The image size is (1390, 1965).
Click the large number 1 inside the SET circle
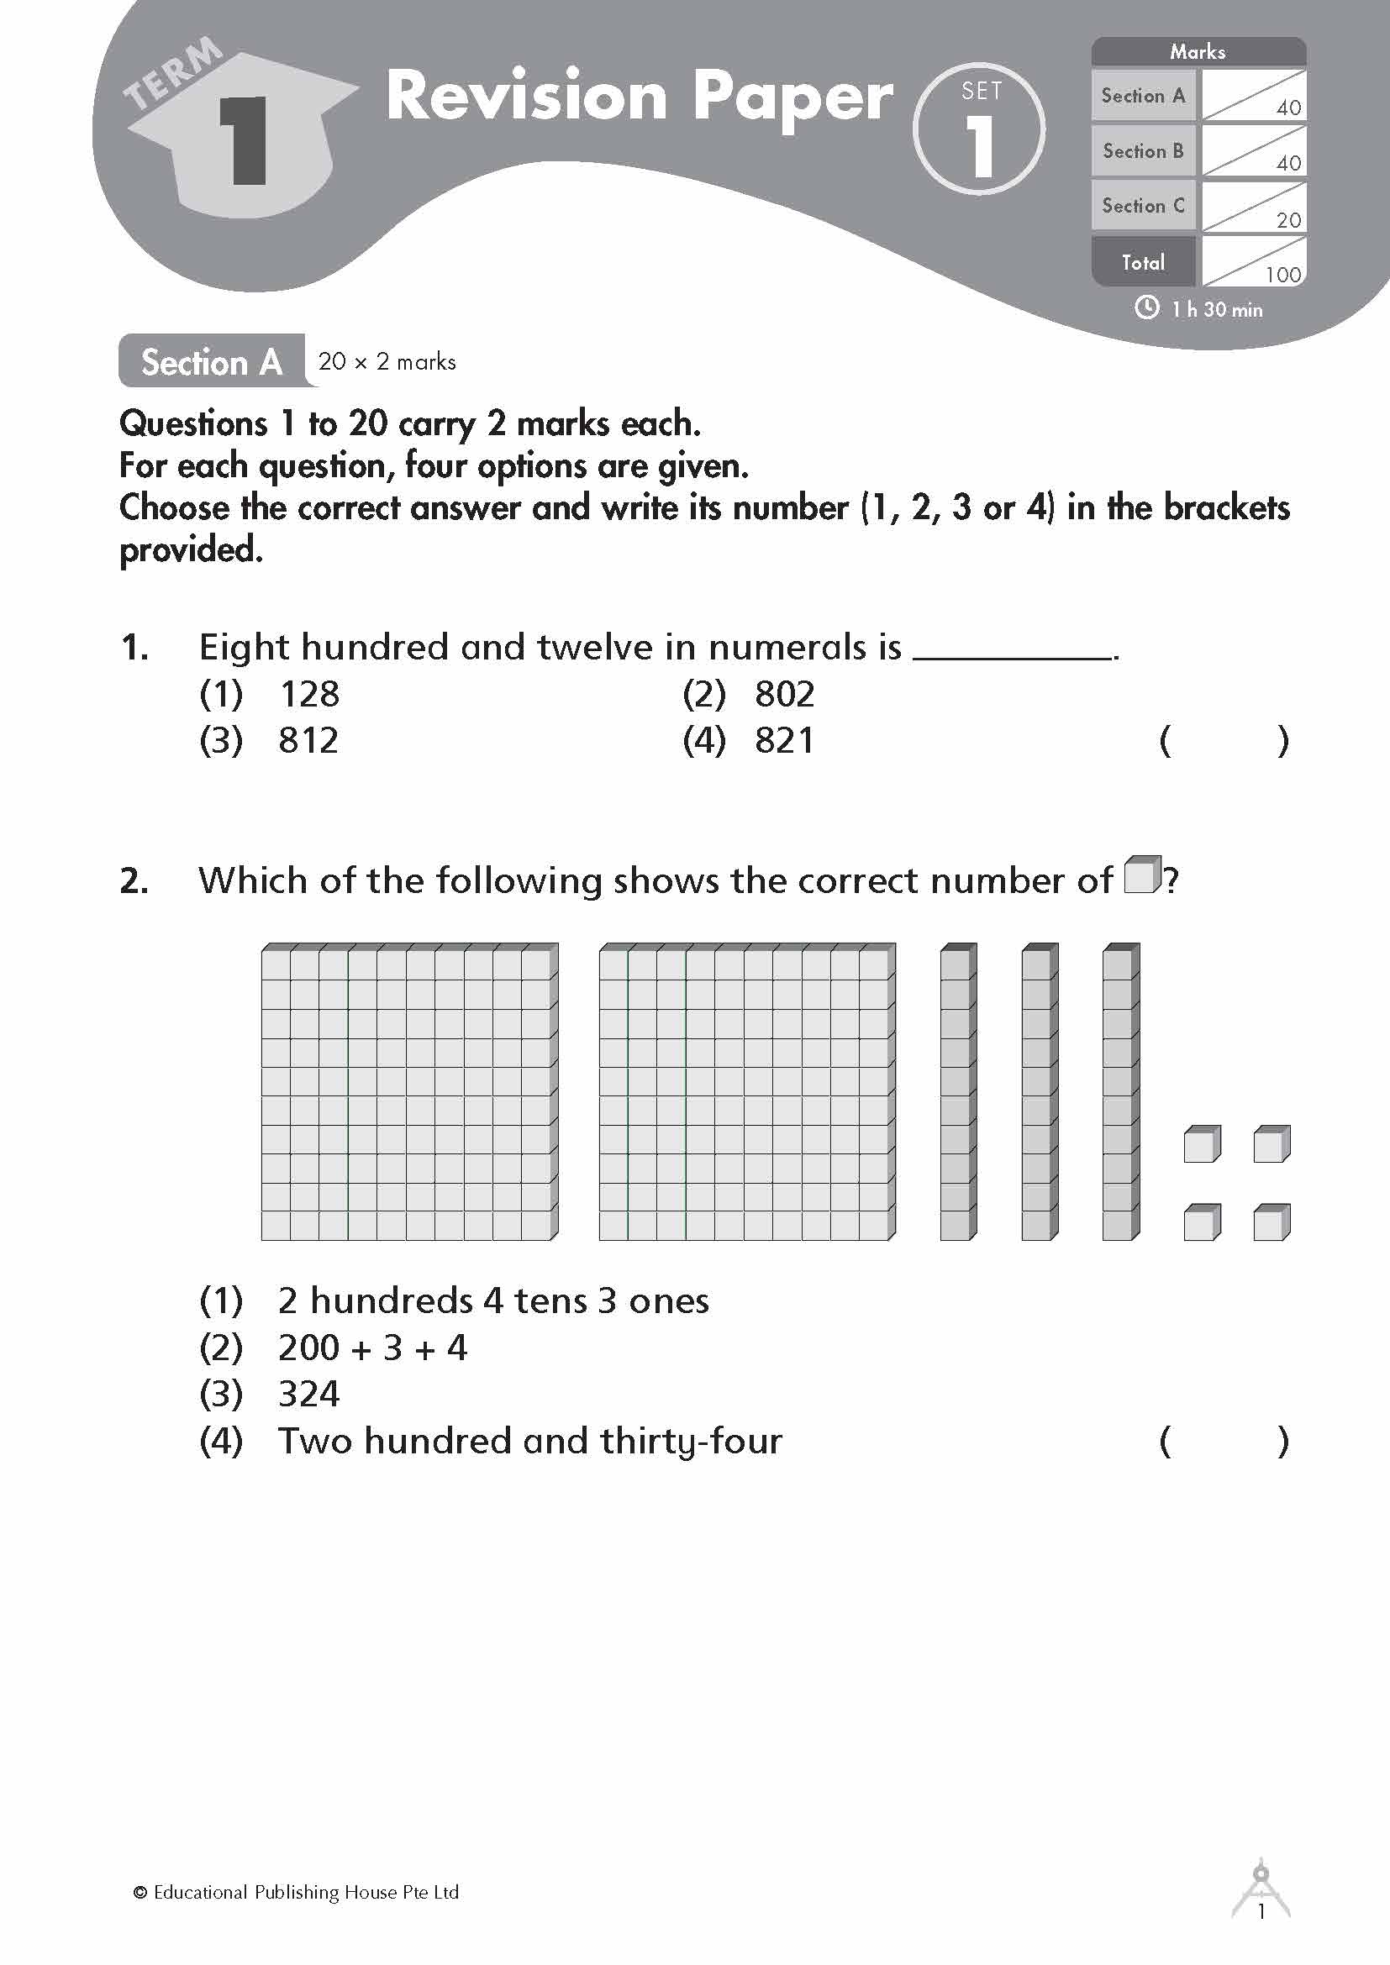click(980, 146)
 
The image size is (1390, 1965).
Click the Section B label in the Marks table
click(1143, 151)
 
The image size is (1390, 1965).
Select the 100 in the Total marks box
click(1282, 275)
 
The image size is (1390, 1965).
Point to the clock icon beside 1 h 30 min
click(1146, 308)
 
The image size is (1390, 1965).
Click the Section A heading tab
click(212, 362)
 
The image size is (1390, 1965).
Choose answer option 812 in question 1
click(308, 740)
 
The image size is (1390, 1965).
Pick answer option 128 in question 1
click(309, 694)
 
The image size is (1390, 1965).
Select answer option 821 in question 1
click(784, 740)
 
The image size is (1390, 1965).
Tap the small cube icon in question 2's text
click(1142, 875)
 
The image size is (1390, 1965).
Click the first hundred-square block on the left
click(409, 1092)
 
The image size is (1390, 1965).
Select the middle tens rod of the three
click(1039, 1092)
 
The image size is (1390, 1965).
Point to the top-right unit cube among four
click(1271, 1144)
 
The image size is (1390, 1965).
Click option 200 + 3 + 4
click(372, 1348)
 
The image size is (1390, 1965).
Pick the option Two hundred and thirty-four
click(529, 1442)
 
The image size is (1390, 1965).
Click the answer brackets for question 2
click(1223, 1442)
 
